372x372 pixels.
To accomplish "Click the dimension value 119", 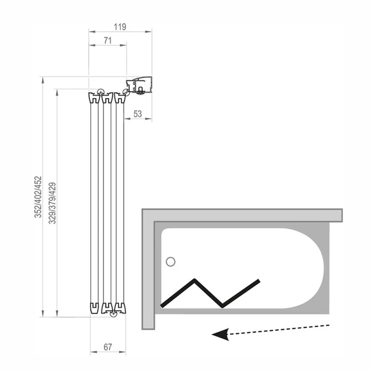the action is click(x=120, y=27).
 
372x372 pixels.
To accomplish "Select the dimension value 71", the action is click(x=107, y=41).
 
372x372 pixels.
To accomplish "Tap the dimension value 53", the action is click(x=137, y=114).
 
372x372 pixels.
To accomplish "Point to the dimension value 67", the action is click(x=107, y=347).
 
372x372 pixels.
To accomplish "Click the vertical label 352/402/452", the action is click(x=38, y=197).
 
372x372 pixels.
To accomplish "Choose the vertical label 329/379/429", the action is click(x=52, y=203).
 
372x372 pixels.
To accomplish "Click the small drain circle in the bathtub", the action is click(x=171, y=262).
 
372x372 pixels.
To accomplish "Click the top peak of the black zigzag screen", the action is click(x=195, y=280).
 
